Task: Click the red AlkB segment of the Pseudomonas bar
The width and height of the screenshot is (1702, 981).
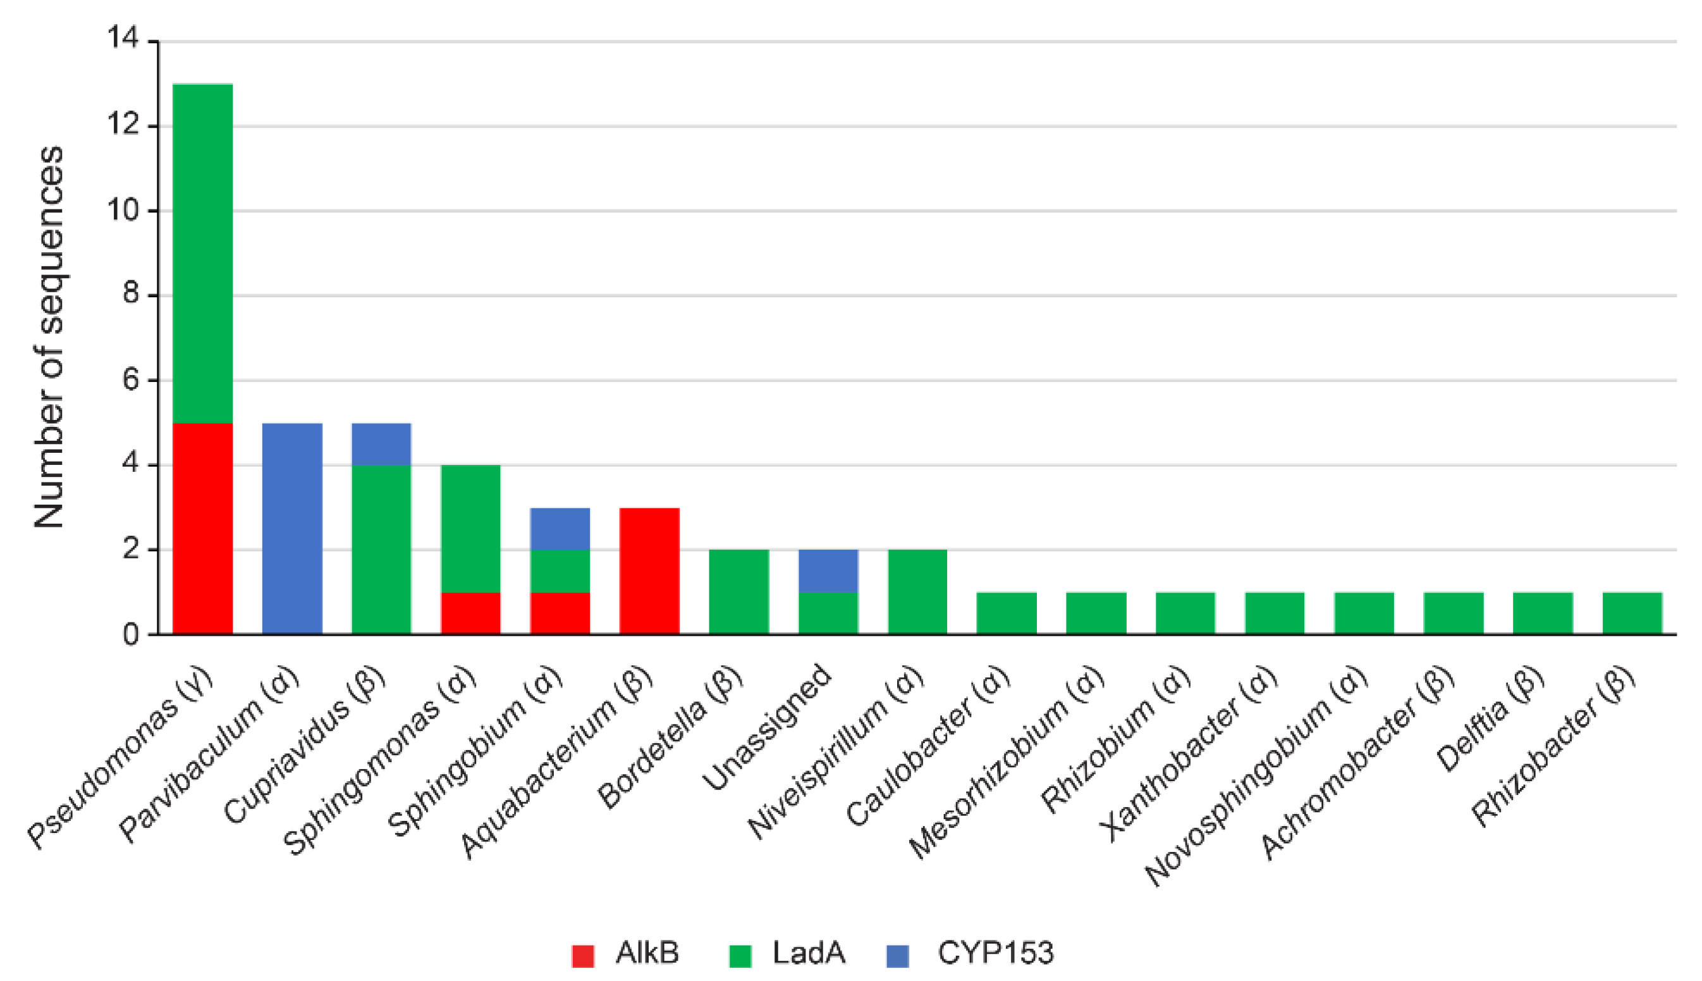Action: click(x=203, y=528)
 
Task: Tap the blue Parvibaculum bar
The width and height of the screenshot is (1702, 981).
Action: click(x=291, y=528)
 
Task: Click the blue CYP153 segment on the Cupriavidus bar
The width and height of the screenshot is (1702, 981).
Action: click(x=381, y=444)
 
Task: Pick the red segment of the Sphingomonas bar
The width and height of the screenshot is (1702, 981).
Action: click(x=470, y=613)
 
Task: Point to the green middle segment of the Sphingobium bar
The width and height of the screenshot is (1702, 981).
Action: click(x=560, y=571)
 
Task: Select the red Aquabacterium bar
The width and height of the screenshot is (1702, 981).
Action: click(x=649, y=571)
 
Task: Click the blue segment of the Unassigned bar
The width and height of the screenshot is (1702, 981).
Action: click(x=828, y=571)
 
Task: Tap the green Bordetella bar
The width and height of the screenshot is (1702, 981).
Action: click(x=738, y=591)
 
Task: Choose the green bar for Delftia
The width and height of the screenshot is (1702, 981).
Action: click(x=1543, y=613)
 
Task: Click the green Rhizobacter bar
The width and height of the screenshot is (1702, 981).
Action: click(x=1632, y=613)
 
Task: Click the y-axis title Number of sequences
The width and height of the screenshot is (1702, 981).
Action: click(x=49, y=337)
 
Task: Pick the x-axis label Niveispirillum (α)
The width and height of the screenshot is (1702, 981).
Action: click(x=835, y=755)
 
